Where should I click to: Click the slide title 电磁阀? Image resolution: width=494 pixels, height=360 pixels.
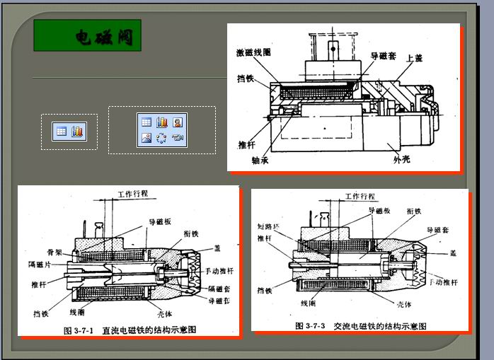104,37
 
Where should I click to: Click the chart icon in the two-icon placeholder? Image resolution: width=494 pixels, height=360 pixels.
77,131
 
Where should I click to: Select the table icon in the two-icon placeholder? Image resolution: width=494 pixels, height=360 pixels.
62,131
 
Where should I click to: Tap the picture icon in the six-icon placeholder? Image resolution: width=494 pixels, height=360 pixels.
147,138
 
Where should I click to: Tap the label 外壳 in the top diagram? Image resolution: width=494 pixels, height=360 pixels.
402,158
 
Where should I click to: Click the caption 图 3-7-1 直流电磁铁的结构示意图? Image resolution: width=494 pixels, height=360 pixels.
129,330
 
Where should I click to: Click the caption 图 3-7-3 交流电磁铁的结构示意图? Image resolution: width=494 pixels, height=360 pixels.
360,325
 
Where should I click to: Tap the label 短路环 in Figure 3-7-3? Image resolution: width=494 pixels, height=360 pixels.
268,227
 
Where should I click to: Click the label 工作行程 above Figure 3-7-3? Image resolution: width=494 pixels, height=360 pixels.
360,196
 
